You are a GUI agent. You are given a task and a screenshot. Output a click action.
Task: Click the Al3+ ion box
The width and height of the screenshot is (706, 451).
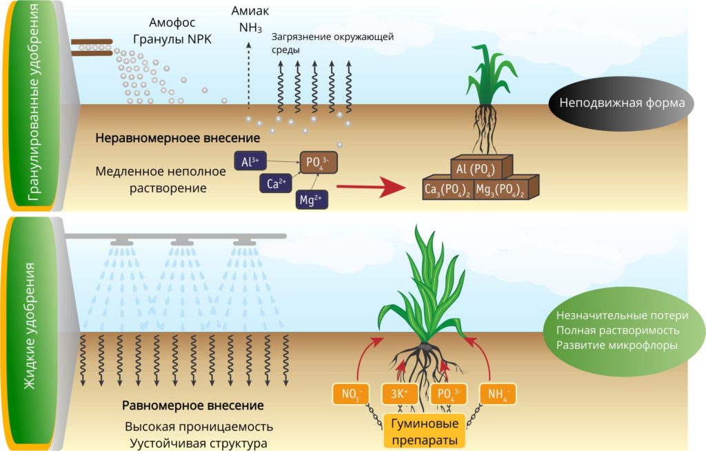click(250, 161)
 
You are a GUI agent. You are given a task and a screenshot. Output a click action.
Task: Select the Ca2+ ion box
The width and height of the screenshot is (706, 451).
click(276, 183)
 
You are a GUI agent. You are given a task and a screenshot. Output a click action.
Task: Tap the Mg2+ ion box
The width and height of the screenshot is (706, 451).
click(312, 199)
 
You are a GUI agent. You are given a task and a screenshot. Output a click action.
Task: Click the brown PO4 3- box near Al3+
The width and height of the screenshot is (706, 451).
click(319, 162)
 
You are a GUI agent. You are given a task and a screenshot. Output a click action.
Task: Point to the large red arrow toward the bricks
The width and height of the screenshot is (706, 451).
click(371, 186)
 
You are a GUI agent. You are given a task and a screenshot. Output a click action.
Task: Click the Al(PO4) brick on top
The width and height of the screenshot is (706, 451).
click(481, 168)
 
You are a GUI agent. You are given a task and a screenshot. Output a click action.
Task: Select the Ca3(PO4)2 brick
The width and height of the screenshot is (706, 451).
click(447, 190)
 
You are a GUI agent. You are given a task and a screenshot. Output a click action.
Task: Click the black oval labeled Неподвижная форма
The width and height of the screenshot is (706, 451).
click(622, 103)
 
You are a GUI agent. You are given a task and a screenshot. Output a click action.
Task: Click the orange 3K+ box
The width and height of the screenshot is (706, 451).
click(400, 394)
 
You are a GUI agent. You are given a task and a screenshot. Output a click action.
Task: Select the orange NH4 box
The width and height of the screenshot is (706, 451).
click(498, 394)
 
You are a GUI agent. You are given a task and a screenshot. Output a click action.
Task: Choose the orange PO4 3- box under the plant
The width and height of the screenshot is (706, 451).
click(449, 394)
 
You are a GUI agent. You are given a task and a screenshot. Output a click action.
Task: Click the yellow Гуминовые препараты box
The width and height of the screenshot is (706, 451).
click(425, 431)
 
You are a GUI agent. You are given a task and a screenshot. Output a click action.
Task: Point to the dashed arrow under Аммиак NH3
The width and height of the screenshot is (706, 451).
click(248, 75)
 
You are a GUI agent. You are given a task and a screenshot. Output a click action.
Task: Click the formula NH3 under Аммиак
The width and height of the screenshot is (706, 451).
click(250, 28)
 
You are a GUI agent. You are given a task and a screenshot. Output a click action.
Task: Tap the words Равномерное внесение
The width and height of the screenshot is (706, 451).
click(193, 405)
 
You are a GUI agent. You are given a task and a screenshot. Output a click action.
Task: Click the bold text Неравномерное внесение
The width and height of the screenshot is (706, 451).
click(177, 138)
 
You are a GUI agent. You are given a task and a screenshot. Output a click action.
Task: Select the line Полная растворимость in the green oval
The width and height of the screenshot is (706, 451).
click(617, 330)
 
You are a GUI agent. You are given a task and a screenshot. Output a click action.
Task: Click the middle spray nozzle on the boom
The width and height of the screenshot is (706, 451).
click(182, 243)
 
